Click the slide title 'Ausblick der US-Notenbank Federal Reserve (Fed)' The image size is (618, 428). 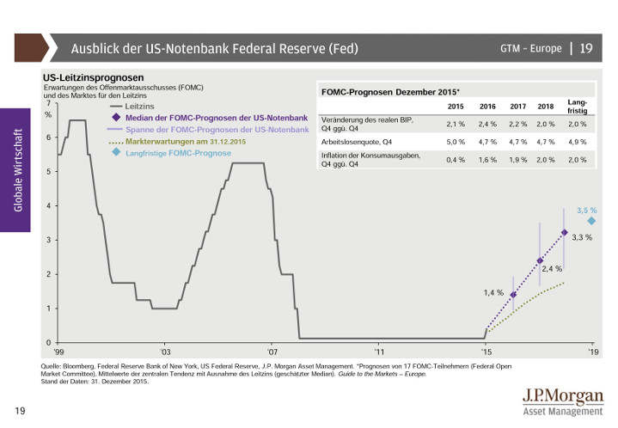[214, 48]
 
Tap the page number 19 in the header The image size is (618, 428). [586, 48]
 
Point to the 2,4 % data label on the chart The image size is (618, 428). [551, 269]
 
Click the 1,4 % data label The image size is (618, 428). [493, 293]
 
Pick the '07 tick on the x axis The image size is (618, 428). [272, 352]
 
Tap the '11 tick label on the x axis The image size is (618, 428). [379, 352]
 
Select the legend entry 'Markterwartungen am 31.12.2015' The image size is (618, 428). [186, 140]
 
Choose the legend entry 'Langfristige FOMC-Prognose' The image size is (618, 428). [178, 153]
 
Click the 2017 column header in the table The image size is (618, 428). [517, 107]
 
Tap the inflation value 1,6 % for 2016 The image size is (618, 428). [487, 160]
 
